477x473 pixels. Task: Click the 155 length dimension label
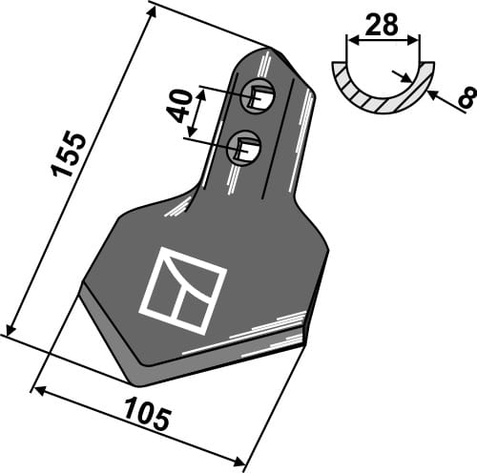[x=70, y=152]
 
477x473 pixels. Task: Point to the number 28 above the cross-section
[x=383, y=26]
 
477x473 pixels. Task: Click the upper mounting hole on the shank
[x=260, y=94]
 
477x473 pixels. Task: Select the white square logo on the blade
[x=183, y=291]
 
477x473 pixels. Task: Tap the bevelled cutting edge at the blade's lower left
[x=105, y=329]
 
